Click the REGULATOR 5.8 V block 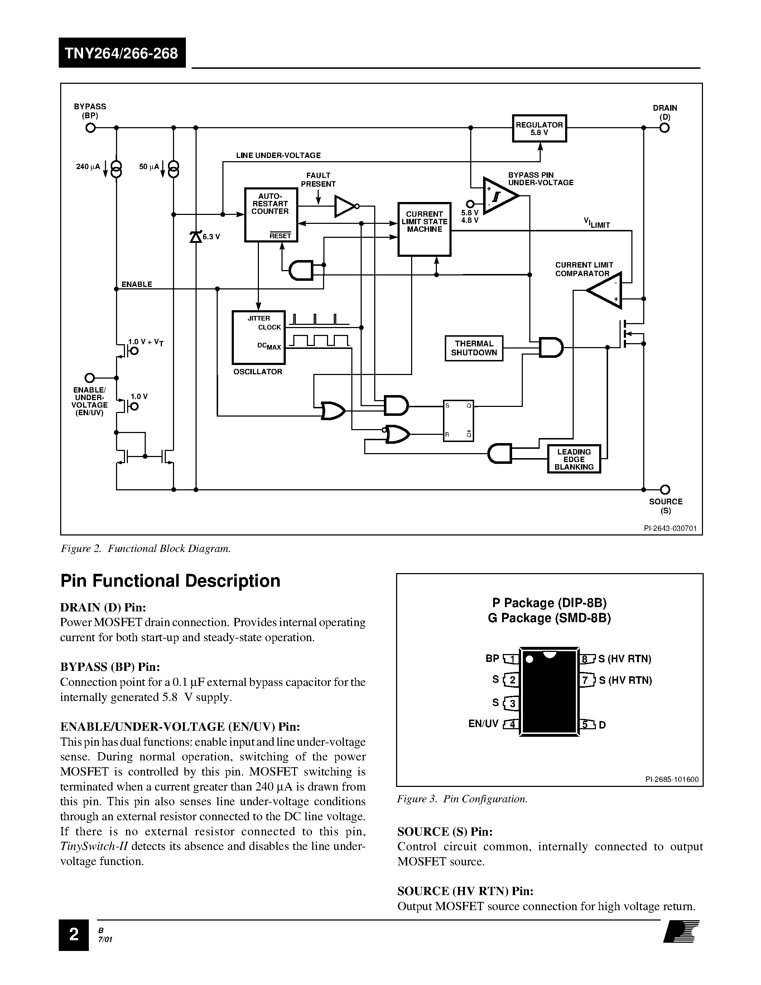pos(539,129)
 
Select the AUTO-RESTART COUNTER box pos(270,215)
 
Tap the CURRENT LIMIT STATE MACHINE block pos(424,229)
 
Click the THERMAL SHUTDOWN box pos(473,348)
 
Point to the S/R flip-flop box pos(458,421)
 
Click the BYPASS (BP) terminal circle pos(90,128)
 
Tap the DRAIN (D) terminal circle pos(665,128)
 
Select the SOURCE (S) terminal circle pos(665,489)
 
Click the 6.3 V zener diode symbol pos(196,236)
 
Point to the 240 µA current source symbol pos(116,169)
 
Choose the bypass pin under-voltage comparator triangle pos(498,196)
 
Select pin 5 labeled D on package pos(586,724)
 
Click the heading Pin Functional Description pos(170,581)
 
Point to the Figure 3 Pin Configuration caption pos(462,799)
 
